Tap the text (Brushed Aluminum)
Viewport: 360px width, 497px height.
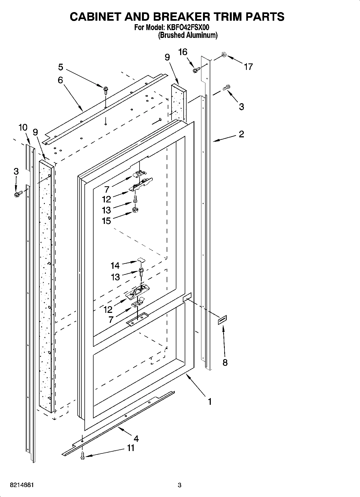188,35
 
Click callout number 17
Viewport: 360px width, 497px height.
248,67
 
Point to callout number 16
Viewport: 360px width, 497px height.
183,52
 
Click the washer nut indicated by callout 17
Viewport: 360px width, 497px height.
223,55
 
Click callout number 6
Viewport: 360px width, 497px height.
60,80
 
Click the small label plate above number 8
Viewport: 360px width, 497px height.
222,320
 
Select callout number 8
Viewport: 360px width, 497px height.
225,362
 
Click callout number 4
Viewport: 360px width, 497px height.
136,439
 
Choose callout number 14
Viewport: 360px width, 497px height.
115,266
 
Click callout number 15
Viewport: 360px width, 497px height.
106,221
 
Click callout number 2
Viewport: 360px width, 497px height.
241,134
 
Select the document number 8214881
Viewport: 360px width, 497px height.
22,485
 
